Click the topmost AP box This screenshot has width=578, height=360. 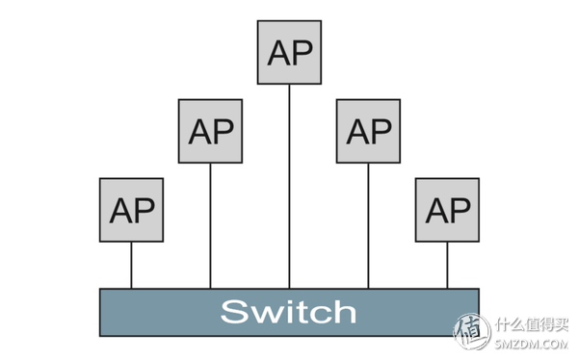coord(289,51)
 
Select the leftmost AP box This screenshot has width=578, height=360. coord(132,209)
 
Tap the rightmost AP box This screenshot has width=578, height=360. coord(447,209)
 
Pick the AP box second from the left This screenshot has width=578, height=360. coord(210,130)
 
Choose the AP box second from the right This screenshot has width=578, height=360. coord(368,130)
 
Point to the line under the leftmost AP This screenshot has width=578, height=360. coord(132,265)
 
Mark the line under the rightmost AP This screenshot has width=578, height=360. coord(447,265)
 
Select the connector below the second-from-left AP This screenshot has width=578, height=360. coord(210,225)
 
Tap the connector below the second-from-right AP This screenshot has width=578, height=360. coord(368,225)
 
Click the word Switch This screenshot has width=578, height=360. coord(288,312)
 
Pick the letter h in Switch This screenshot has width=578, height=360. coord(344,311)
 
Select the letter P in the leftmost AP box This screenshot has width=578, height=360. coord(144,209)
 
